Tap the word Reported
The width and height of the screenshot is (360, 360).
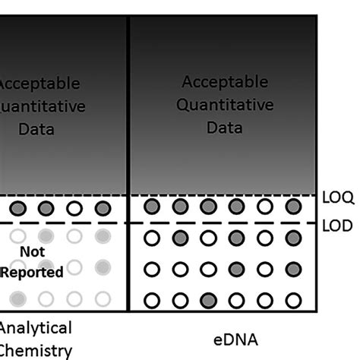point(31,271)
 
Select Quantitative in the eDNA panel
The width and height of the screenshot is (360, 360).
point(220,105)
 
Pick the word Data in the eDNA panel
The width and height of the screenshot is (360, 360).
point(220,128)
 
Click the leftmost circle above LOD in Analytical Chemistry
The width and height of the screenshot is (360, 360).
point(17,207)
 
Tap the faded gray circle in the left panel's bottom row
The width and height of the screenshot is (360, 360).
point(17,298)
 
